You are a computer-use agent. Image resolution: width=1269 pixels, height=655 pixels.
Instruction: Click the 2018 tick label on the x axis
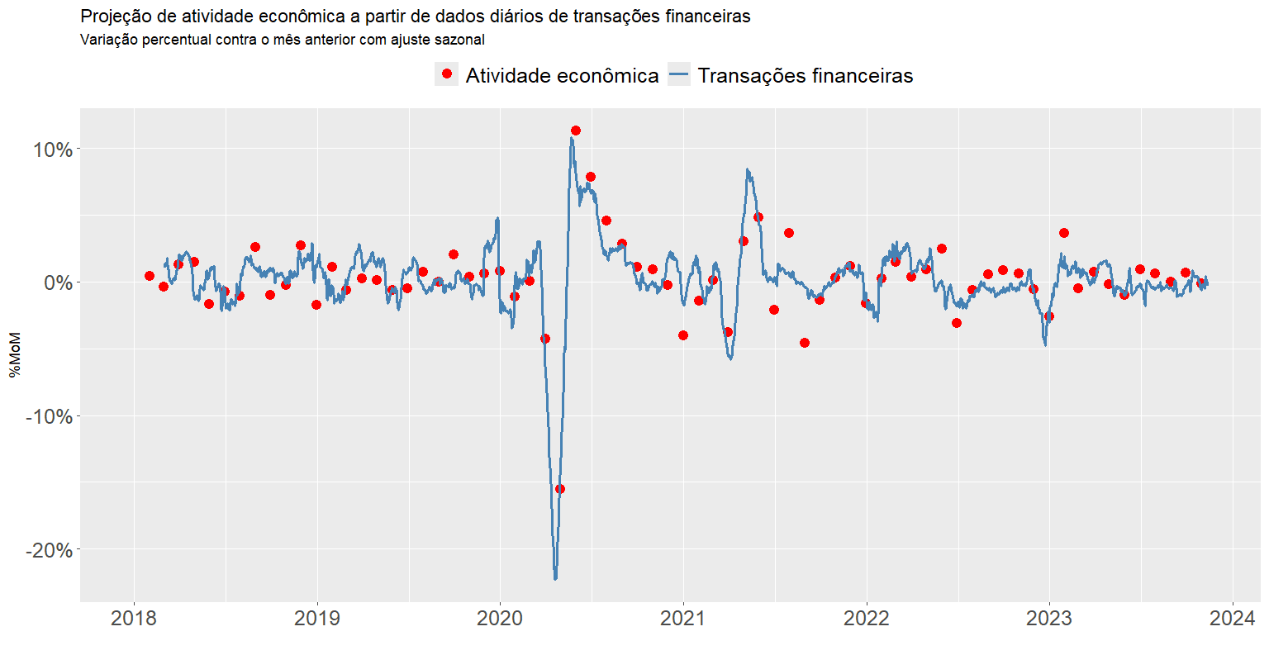pyautogui.click(x=134, y=619)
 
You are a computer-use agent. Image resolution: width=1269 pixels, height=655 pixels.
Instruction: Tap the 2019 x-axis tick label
pyautogui.click(x=317, y=619)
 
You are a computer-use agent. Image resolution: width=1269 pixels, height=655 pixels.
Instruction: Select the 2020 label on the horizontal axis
pyautogui.click(x=500, y=619)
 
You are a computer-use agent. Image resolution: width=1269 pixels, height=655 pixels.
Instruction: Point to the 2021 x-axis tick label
pyautogui.click(x=683, y=619)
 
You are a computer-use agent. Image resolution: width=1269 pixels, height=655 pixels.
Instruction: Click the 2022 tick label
pyautogui.click(x=867, y=619)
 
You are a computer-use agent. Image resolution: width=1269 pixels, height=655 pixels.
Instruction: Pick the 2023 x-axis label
pyautogui.click(x=1049, y=619)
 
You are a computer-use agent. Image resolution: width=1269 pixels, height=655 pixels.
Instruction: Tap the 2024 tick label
pyautogui.click(x=1233, y=619)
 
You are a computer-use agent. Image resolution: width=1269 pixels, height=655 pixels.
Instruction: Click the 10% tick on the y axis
pyautogui.click(x=53, y=150)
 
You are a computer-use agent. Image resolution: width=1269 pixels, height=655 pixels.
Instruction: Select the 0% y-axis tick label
pyautogui.click(x=58, y=282)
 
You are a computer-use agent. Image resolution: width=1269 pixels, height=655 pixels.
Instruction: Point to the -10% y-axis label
pyautogui.click(x=50, y=416)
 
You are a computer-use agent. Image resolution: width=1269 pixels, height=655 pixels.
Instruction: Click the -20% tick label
pyautogui.click(x=50, y=550)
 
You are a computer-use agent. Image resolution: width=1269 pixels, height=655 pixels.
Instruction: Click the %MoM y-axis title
pyautogui.click(x=16, y=355)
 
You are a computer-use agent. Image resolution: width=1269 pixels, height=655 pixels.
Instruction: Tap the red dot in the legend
pyautogui.click(x=447, y=74)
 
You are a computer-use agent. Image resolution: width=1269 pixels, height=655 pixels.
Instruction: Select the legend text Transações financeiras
pyautogui.click(x=805, y=76)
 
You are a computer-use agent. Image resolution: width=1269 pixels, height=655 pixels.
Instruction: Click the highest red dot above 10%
pyautogui.click(x=576, y=131)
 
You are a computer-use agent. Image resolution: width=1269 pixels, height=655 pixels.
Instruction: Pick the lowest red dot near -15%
pyautogui.click(x=560, y=489)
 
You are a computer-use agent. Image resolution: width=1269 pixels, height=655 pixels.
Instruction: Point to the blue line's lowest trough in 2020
pyautogui.click(x=555, y=578)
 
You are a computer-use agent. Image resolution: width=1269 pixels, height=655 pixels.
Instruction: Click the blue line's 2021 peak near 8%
pyautogui.click(x=747, y=170)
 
